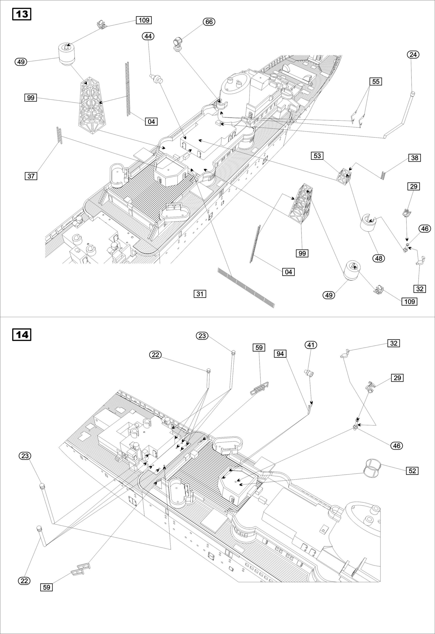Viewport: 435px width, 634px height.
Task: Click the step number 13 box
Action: (22, 14)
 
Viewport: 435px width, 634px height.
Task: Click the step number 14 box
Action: (22, 335)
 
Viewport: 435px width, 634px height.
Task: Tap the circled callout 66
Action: (209, 22)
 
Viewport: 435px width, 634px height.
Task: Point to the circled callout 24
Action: (413, 54)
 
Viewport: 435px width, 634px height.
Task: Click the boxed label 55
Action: (376, 81)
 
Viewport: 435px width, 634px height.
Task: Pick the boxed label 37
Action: (31, 176)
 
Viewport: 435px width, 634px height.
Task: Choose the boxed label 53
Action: (317, 156)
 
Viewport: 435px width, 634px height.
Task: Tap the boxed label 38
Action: (414, 158)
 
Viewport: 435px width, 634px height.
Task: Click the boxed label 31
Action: (200, 294)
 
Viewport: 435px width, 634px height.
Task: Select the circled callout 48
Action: (379, 258)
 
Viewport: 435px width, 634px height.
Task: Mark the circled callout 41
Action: (311, 345)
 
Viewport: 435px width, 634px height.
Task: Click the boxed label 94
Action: (280, 354)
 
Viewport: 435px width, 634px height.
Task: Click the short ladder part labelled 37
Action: (59, 135)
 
